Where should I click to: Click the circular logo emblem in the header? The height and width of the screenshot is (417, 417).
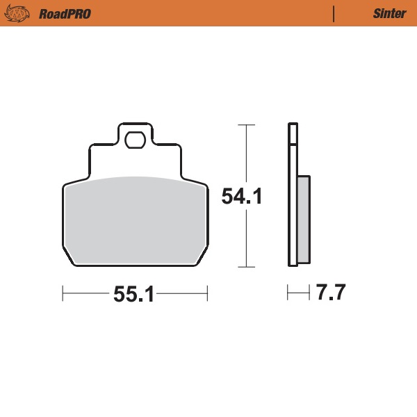(x=21, y=13)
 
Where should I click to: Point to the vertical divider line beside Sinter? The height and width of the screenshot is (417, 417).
(x=334, y=13)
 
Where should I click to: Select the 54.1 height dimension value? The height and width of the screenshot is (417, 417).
(x=241, y=197)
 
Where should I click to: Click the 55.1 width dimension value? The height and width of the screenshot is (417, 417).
(x=133, y=295)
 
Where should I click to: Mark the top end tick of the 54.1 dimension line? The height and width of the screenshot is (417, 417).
(x=243, y=125)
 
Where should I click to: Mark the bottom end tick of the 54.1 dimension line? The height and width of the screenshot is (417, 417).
(x=243, y=267)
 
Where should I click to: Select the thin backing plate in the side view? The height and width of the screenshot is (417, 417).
(x=293, y=208)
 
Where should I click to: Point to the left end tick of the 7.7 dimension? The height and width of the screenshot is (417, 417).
(x=288, y=293)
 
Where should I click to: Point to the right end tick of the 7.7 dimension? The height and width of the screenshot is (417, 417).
(x=309, y=293)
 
